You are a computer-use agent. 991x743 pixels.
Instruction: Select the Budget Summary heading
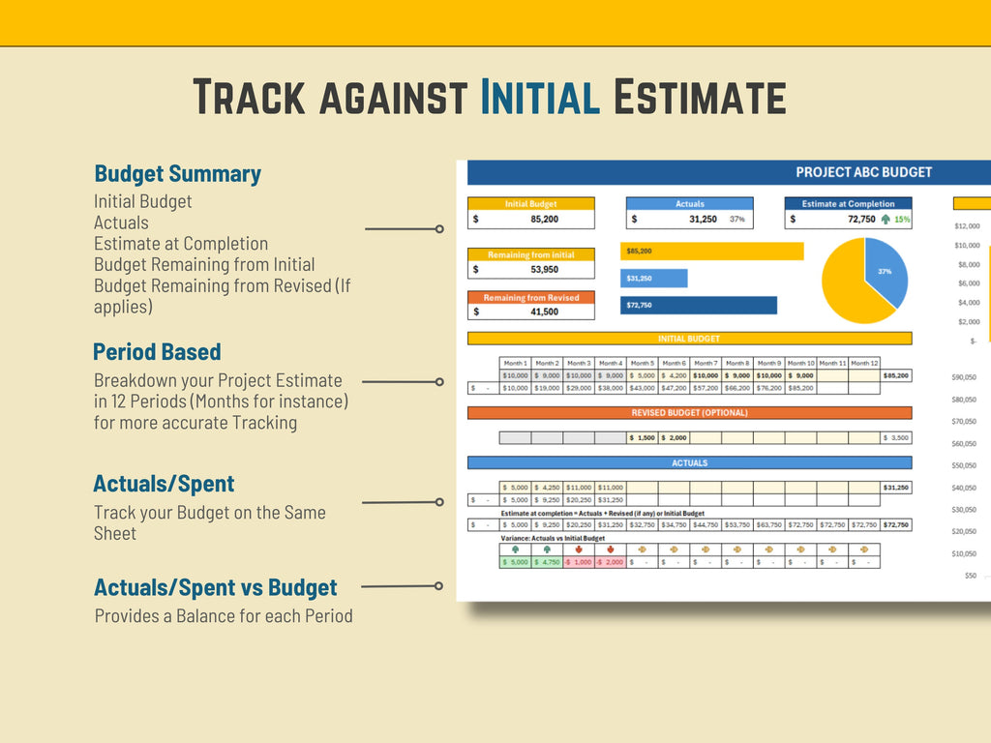pos(177,174)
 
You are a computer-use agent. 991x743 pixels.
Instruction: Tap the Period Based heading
pos(157,352)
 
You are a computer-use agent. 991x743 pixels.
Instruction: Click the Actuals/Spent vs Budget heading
pos(215,587)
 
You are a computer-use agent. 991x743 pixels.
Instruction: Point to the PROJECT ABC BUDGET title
pos(863,172)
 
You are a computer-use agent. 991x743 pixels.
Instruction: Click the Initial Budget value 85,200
pos(544,220)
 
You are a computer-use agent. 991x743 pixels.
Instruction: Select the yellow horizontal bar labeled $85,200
pos(712,251)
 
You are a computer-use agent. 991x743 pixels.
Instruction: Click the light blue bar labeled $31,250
pos(654,279)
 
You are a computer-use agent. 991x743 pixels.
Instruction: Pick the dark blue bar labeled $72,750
pos(699,306)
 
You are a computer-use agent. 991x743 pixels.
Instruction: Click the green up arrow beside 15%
pos(886,220)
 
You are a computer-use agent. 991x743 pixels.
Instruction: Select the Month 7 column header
pos(706,363)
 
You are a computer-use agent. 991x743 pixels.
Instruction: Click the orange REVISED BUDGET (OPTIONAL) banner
pos(689,413)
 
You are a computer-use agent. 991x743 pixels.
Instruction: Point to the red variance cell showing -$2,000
pos(610,562)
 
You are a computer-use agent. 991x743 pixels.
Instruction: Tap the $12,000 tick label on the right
pos(967,226)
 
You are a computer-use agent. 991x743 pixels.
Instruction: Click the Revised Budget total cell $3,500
pos(896,438)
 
